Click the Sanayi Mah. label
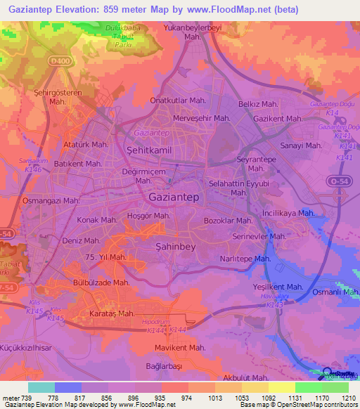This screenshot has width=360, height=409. pyautogui.click(x=301, y=145)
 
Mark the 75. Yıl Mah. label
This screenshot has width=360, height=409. pyautogui.click(x=105, y=257)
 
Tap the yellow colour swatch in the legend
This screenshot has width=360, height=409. pyautogui.click(x=281, y=387)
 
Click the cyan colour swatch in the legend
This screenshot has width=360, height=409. pyautogui.click(x=41, y=387)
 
